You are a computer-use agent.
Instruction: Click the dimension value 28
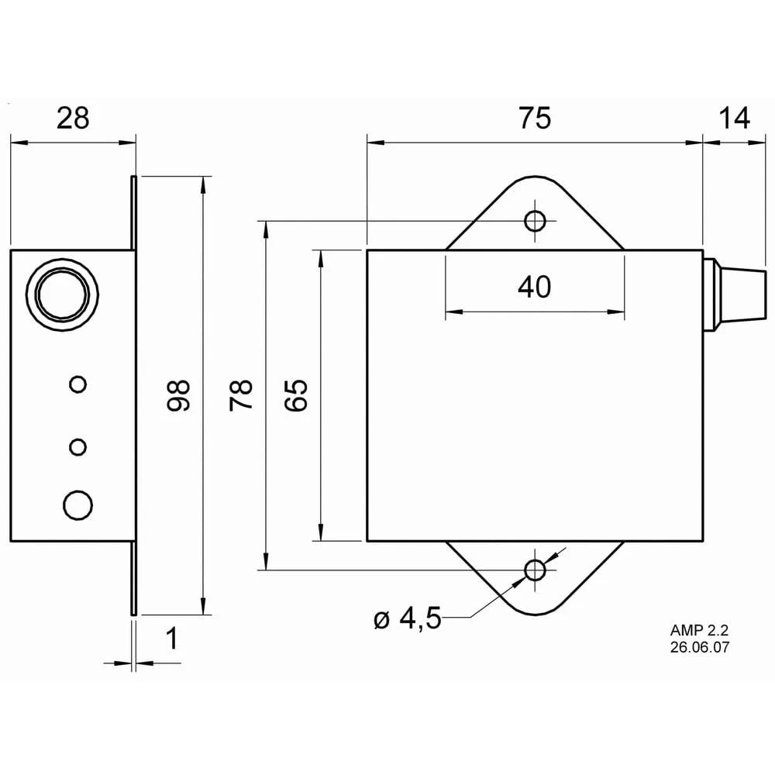(x=73, y=119)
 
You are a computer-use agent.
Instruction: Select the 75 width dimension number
(x=534, y=119)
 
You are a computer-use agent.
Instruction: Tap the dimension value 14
(x=734, y=119)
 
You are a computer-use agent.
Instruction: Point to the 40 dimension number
(x=534, y=288)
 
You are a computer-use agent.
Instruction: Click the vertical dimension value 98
(x=179, y=395)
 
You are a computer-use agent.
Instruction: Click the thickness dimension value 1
(x=172, y=639)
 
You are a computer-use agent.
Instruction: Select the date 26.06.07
(x=701, y=646)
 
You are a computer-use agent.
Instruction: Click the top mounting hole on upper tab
(x=535, y=221)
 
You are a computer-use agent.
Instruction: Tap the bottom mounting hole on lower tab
(x=535, y=571)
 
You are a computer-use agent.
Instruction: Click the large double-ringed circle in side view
(x=63, y=294)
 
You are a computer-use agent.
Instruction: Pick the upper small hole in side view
(x=77, y=384)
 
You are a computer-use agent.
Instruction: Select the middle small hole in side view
(x=77, y=447)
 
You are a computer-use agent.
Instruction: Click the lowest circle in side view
(x=77, y=505)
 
